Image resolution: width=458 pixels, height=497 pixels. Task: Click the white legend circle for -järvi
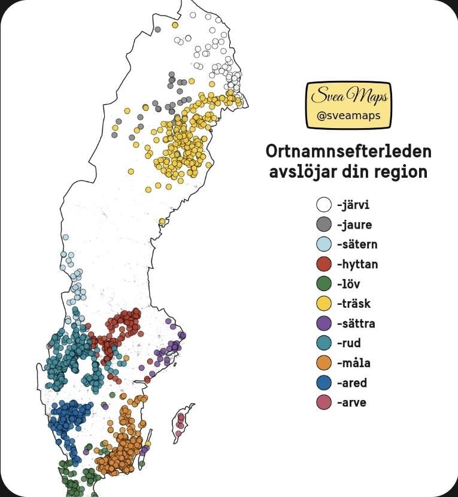(324, 205)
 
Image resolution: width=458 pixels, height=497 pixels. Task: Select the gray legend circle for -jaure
(324, 225)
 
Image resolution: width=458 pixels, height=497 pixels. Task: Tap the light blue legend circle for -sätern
(324, 244)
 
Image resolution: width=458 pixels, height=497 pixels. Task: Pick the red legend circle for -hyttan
(324, 264)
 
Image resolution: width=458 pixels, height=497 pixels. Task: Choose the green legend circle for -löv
(324, 284)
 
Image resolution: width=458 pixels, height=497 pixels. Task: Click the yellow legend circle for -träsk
(324, 304)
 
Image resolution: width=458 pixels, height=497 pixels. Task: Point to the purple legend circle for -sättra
(324, 323)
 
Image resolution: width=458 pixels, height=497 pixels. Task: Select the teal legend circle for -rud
(324, 343)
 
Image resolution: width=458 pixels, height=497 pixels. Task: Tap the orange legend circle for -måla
(324, 363)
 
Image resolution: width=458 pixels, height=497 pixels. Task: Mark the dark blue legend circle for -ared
(324, 383)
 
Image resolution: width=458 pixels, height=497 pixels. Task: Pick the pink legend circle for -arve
(324, 402)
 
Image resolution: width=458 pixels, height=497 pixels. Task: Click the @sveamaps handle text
(348, 116)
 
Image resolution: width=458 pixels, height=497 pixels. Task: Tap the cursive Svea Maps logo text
(348, 96)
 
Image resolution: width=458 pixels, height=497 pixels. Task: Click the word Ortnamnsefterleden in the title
(348, 150)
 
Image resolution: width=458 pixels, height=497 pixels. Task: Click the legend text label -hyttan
(357, 264)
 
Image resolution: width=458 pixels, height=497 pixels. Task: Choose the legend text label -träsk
(354, 304)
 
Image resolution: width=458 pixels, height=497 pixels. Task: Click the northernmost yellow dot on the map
(175, 25)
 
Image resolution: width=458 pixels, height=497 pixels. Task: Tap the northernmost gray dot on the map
(157, 29)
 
